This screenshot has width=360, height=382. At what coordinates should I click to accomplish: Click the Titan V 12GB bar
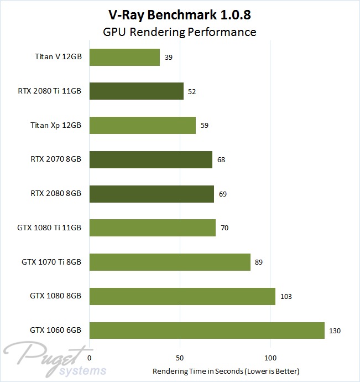click(x=124, y=57)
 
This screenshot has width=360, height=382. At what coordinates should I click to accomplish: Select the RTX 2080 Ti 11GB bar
click(x=136, y=91)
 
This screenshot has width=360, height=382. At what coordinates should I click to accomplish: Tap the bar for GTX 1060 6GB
click(x=206, y=331)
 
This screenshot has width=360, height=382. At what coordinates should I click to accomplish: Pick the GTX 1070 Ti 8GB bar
click(x=169, y=262)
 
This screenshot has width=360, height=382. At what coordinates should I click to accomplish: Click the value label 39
click(x=169, y=58)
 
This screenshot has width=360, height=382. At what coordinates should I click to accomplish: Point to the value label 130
click(x=335, y=331)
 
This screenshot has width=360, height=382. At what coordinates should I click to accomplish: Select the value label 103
click(x=286, y=297)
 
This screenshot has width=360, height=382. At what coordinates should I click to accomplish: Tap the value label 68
click(x=221, y=160)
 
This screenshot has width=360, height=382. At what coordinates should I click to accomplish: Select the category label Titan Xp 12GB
click(x=56, y=126)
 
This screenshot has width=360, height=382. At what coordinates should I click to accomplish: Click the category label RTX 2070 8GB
click(x=56, y=160)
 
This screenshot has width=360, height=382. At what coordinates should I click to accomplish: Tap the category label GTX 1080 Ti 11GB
click(x=50, y=228)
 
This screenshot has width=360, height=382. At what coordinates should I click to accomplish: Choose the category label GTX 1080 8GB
click(x=56, y=296)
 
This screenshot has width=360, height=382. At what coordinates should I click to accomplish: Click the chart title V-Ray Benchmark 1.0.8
click(x=180, y=13)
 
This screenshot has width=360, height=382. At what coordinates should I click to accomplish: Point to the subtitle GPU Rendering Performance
click(x=180, y=32)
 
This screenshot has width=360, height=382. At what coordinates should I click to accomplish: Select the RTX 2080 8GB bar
click(x=152, y=194)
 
